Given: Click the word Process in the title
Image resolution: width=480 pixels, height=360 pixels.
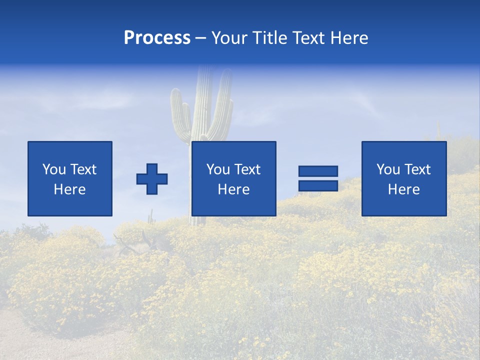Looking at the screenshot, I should pyautogui.click(x=157, y=38).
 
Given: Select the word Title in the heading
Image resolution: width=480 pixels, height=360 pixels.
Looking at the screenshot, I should pyautogui.click(x=268, y=38).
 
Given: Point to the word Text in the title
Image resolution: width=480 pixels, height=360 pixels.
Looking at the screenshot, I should pyautogui.click(x=308, y=38).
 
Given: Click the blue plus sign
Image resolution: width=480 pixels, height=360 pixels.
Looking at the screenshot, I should pyautogui.click(x=152, y=179).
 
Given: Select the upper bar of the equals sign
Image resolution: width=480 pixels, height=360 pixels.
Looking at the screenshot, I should pyautogui.click(x=318, y=171).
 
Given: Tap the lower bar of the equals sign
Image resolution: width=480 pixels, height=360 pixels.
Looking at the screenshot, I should pyautogui.click(x=318, y=186).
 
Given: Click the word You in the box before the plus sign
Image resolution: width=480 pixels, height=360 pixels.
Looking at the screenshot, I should pyautogui.click(x=54, y=169).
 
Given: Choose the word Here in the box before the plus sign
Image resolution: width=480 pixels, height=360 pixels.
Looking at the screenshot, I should pyautogui.click(x=69, y=189).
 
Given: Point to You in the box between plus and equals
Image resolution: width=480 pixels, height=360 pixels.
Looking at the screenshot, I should pyautogui.click(x=218, y=169).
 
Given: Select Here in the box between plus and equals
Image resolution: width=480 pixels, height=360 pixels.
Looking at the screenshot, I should pyautogui.click(x=233, y=189).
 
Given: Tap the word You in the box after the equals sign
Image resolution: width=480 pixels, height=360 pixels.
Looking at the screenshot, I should pyautogui.click(x=388, y=169).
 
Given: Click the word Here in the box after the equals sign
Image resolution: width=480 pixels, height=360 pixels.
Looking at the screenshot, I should pyautogui.click(x=403, y=189).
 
